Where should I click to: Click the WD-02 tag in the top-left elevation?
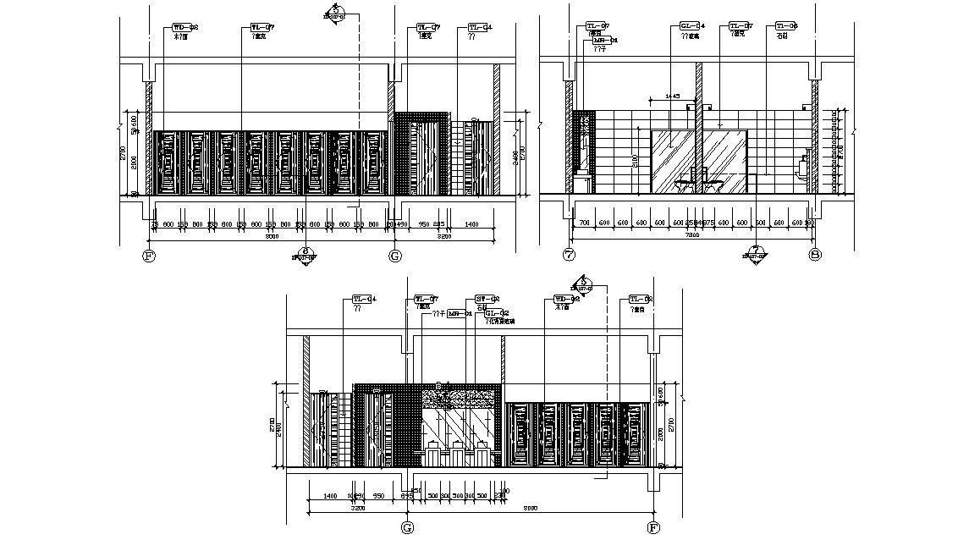(x=185, y=28)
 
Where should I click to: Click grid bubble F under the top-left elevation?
(x=151, y=255)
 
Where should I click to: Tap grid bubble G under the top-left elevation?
(x=394, y=255)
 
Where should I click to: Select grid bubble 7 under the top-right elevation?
(x=569, y=255)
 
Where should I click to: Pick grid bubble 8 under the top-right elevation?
(x=815, y=255)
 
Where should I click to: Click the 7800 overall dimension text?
(x=691, y=237)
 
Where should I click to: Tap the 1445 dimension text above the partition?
(x=674, y=96)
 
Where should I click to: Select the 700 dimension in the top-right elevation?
(x=583, y=223)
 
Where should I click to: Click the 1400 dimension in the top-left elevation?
(x=471, y=224)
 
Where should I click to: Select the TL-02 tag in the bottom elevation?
(x=641, y=299)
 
